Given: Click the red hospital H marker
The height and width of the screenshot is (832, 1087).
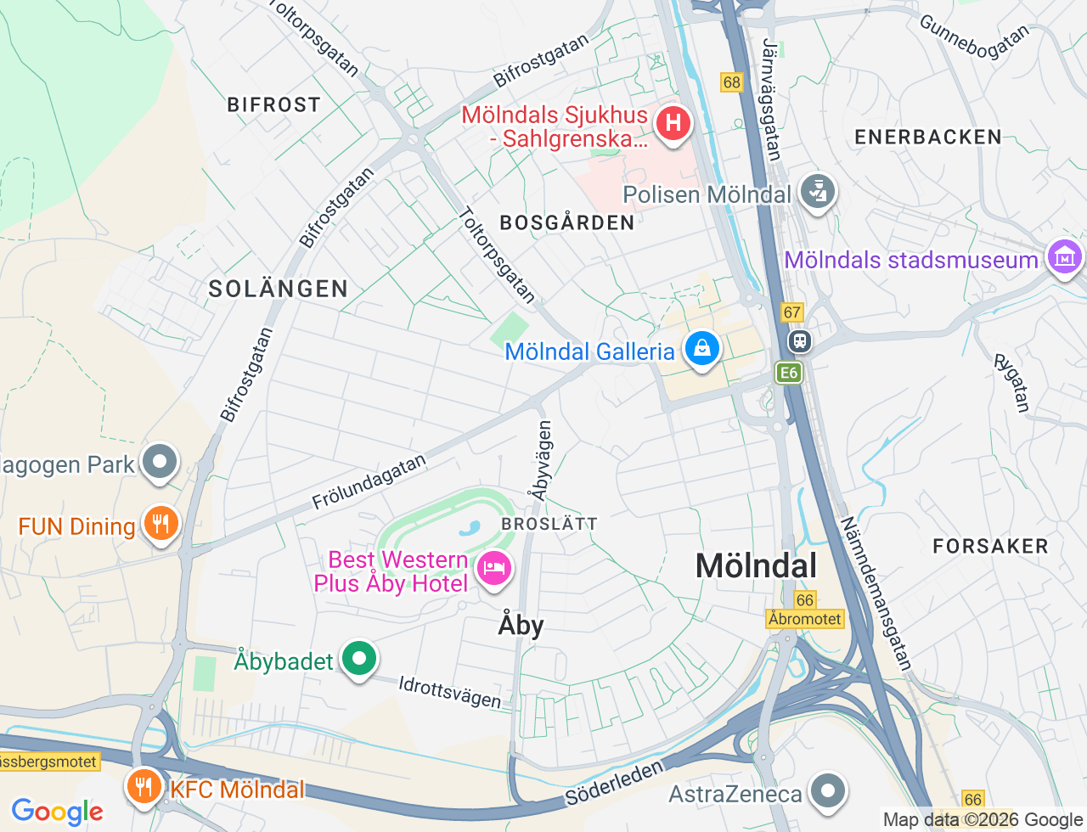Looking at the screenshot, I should [x=673, y=124].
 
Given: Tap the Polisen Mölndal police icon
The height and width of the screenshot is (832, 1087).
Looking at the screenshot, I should [x=818, y=192].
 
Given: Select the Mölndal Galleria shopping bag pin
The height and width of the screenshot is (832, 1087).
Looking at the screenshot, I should [x=702, y=349].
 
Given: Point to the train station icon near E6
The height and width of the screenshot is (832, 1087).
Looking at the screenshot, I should [x=799, y=341].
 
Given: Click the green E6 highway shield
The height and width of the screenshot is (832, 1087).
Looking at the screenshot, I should [x=789, y=373].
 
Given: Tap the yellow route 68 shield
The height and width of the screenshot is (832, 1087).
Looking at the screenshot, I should [x=731, y=82].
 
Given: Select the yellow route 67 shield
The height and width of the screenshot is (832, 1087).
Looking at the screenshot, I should [x=792, y=312].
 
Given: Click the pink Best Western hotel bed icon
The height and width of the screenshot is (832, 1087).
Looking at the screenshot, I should [x=493, y=567].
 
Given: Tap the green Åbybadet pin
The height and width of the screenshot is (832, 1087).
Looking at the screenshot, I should [x=359, y=659].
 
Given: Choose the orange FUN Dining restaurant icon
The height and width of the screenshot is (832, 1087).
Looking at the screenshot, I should [x=161, y=523].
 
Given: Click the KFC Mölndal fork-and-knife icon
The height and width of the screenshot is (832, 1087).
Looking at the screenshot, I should [x=144, y=787].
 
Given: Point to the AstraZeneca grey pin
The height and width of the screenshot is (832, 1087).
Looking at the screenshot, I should [x=827, y=791].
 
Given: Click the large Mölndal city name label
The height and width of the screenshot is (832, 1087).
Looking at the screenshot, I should [x=756, y=565].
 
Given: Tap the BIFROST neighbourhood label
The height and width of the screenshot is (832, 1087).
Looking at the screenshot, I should [x=274, y=104].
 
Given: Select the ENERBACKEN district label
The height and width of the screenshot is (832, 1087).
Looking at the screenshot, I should [x=928, y=137].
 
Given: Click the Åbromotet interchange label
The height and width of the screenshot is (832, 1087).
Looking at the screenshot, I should [x=804, y=619].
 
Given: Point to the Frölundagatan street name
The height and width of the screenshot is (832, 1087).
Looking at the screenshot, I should [x=369, y=482].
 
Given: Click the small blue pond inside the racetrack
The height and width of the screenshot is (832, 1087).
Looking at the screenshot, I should [x=470, y=529].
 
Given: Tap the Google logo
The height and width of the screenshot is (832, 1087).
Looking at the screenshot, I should [x=57, y=812].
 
